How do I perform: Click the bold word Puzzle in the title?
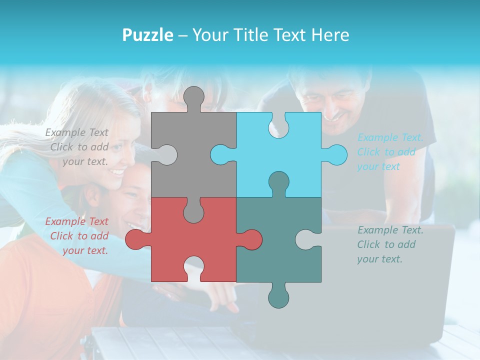(147, 35)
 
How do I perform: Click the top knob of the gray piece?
(193, 97)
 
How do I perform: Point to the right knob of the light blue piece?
(336, 154)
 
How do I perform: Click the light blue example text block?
(389, 152)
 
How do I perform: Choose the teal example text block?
(389, 244)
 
